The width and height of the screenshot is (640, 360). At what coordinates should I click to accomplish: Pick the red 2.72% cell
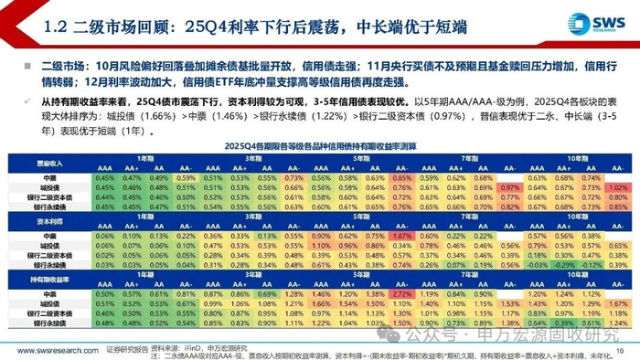(400, 295)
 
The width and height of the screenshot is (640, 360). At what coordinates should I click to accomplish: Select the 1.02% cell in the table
(617, 186)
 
